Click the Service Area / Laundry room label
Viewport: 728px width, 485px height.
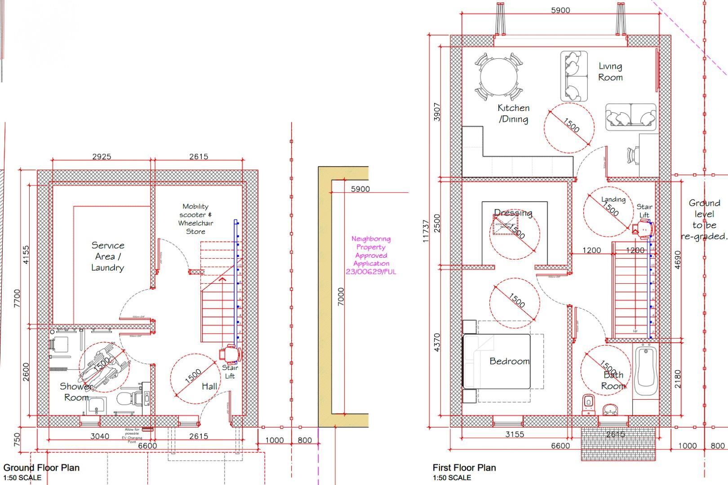coord(107,256)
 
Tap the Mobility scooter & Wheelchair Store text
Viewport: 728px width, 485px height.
coord(195,219)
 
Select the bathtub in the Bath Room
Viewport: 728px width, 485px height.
coord(646,371)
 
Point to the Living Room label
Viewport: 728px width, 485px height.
coord(610,72)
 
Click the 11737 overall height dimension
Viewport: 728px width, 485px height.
coord(426,231)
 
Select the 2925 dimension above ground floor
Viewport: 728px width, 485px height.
coord(102,157)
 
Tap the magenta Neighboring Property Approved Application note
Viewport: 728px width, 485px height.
coord(371,255)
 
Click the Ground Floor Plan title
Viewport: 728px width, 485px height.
coord(41,467)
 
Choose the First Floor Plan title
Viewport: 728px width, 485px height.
coord(464,467)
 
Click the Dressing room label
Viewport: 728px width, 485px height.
coord(513,213)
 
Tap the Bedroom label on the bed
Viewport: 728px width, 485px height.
coord(509,361)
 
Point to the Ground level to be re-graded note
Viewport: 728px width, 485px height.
coord(704,220)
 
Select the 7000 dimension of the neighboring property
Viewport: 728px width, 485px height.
coord(341,296)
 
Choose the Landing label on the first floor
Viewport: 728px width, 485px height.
coord(613,199)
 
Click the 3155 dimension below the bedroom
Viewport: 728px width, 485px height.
coord(515,434)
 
